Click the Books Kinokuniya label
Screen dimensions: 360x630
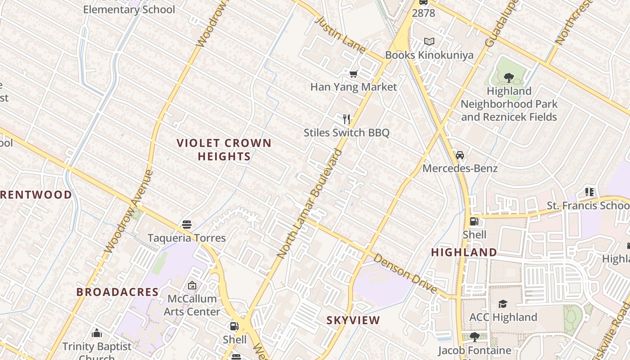coord(429,55)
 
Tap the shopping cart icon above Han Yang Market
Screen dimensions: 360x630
coord(354,74)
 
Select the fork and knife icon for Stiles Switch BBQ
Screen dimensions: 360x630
coord(346,119)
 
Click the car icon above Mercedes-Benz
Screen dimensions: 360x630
coord(460,155)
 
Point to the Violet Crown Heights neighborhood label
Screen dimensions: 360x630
coord(224,150)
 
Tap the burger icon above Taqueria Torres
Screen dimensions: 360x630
coord(187,225)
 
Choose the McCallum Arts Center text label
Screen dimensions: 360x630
coord(192,305)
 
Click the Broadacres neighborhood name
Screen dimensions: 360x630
coord(117,292)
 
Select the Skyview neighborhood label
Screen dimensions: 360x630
coord(353,320)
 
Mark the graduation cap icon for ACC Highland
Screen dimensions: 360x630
coord(503,304)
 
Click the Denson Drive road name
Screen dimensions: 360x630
coord(405,273)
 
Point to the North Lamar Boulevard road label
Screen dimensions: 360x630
coord(310,203)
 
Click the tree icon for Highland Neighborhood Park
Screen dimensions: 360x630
coord(509,78)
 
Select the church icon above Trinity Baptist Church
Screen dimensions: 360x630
coord(97,333)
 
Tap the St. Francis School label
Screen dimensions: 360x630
coord(587,206)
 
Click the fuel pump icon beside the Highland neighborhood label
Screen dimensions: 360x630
coord(474,221)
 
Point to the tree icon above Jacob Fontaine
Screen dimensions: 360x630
coord(474,337)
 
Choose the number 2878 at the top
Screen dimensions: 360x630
coord(423,13)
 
